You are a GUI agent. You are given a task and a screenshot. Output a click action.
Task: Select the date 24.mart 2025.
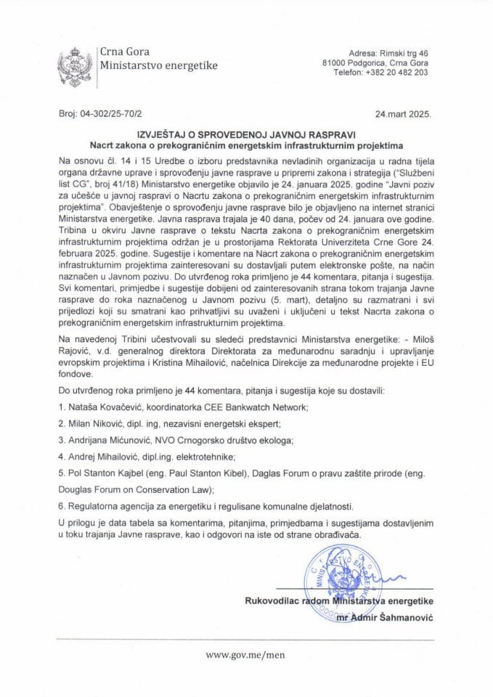tap(403, 115)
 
